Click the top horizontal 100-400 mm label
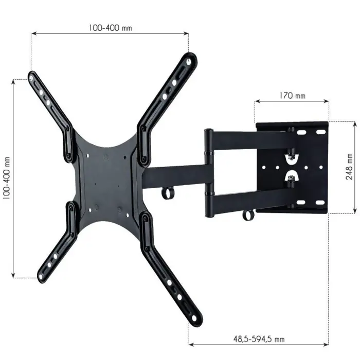click(110, 28)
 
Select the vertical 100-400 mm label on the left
click(7, 179)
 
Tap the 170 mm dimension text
click(292, 95)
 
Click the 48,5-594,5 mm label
click(258, 339)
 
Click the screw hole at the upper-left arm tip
click(33, 78)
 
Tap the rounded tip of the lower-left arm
click(41, 278)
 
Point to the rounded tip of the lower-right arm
click(197, 321)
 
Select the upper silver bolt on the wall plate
click(291, 154)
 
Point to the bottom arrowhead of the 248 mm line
click(354, 211)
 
